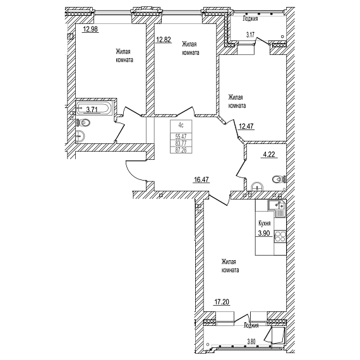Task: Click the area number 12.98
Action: coord(91,29)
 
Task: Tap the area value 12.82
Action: coord(164,40)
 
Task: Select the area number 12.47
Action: coord(246,126)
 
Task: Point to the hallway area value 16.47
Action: coord(201,179)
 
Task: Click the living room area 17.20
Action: coord(222,302)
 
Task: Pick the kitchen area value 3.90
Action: coord(264,233)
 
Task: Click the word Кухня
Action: coord(265,223)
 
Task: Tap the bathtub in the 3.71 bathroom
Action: coord(94,108)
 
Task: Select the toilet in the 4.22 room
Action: coord(279,179)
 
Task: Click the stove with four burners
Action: coord(280,236)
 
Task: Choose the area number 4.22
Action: coord(269,154)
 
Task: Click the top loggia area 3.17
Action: coord(250,35)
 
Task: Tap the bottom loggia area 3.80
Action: coord(251,342)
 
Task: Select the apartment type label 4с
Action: coord(181,125)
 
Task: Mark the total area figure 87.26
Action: coord(181,150)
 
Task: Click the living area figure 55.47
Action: coord(181,136)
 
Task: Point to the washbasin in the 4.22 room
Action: coord(258,186)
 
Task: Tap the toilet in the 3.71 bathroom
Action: coord(83,123)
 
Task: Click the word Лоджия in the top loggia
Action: coord(250,19)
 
